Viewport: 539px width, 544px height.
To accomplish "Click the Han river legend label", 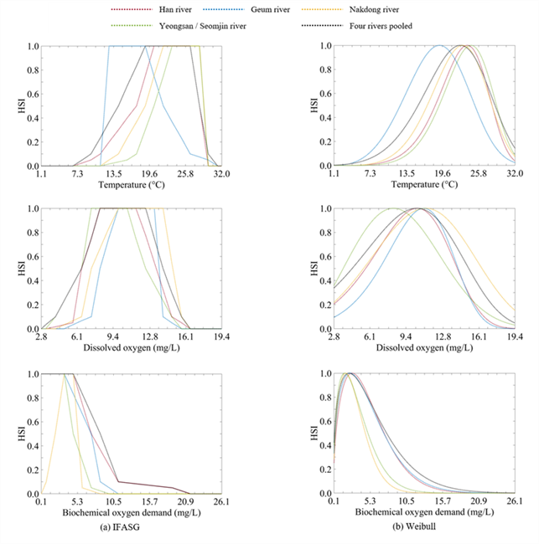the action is pos(175,10).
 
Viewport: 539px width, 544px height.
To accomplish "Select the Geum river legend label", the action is pos(271,10).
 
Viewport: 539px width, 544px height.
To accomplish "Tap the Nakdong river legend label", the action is pos(374,10).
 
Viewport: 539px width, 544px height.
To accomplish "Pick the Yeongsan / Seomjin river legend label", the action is pos(203,26).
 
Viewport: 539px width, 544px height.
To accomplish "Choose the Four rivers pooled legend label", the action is pos(381,26).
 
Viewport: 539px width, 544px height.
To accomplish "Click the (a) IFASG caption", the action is pos(120,527).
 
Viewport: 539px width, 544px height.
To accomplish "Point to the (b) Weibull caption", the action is pos(414,526).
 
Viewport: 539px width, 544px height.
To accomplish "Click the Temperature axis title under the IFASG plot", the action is pos(132,185).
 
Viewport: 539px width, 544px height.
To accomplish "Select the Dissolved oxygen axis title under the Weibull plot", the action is pos(424,347).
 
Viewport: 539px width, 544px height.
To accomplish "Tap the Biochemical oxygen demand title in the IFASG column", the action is pos(132,512).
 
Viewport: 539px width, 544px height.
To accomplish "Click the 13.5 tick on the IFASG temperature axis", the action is pos(114,173).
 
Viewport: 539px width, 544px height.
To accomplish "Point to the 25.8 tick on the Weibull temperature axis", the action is pos(479,173).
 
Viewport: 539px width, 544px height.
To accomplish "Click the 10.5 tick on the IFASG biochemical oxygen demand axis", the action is pos(114,501).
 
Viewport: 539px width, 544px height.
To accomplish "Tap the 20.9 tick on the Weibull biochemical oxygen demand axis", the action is pos(479,501).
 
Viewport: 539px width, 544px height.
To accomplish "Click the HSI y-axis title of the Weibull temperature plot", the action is pos(314,105).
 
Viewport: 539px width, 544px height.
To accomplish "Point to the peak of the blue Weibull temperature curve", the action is pos(439,45).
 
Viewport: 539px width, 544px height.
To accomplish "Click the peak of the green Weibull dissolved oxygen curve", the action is pos(393,208).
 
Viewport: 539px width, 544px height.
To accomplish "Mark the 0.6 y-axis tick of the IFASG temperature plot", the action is pos(33,94).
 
